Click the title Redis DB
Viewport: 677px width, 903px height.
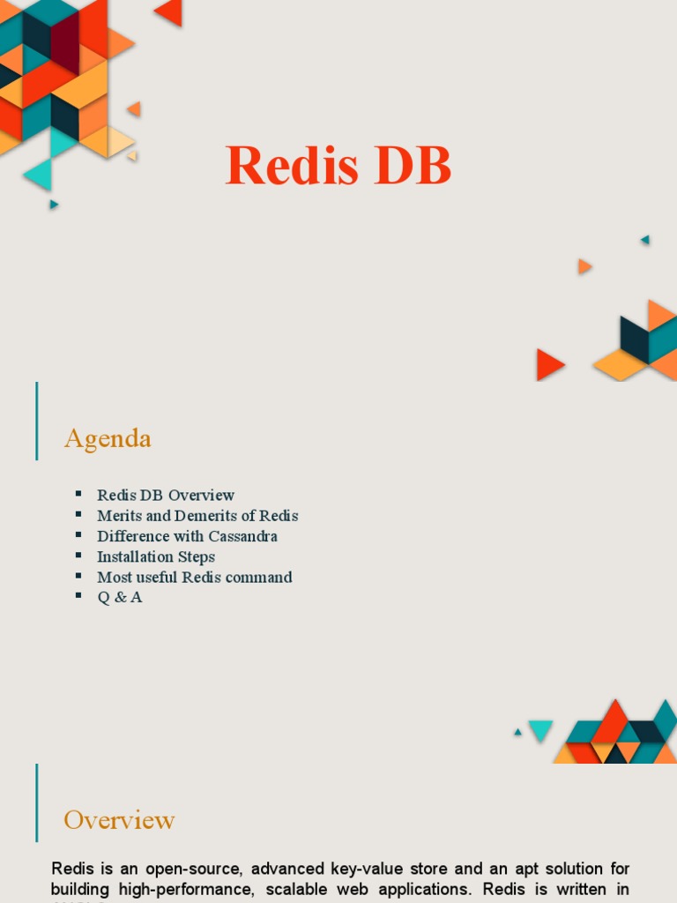tap(338, 166)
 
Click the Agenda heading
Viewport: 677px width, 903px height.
tap(108, 438)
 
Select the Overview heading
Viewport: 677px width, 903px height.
tap(119, 820)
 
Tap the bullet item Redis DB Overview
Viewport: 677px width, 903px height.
tap(166, 495)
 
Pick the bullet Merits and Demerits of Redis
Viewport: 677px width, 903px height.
tap(197, 516)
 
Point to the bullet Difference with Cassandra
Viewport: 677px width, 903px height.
tap(187, 536)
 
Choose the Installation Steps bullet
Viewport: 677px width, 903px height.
tap(156, 556)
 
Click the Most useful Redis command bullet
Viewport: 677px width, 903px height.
tap(194, 578)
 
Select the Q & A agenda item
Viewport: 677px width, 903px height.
tap(119, 597)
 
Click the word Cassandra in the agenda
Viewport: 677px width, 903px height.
tap(242, 536)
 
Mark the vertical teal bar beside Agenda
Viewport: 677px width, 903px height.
tap(37, 421)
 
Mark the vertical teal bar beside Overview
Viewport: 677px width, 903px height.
tap(37, 802)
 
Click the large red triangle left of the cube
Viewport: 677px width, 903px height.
tap(548, 364)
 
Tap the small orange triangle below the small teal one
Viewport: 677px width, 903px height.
tap(584, 266)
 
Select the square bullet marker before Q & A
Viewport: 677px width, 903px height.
tap(78, 596)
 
